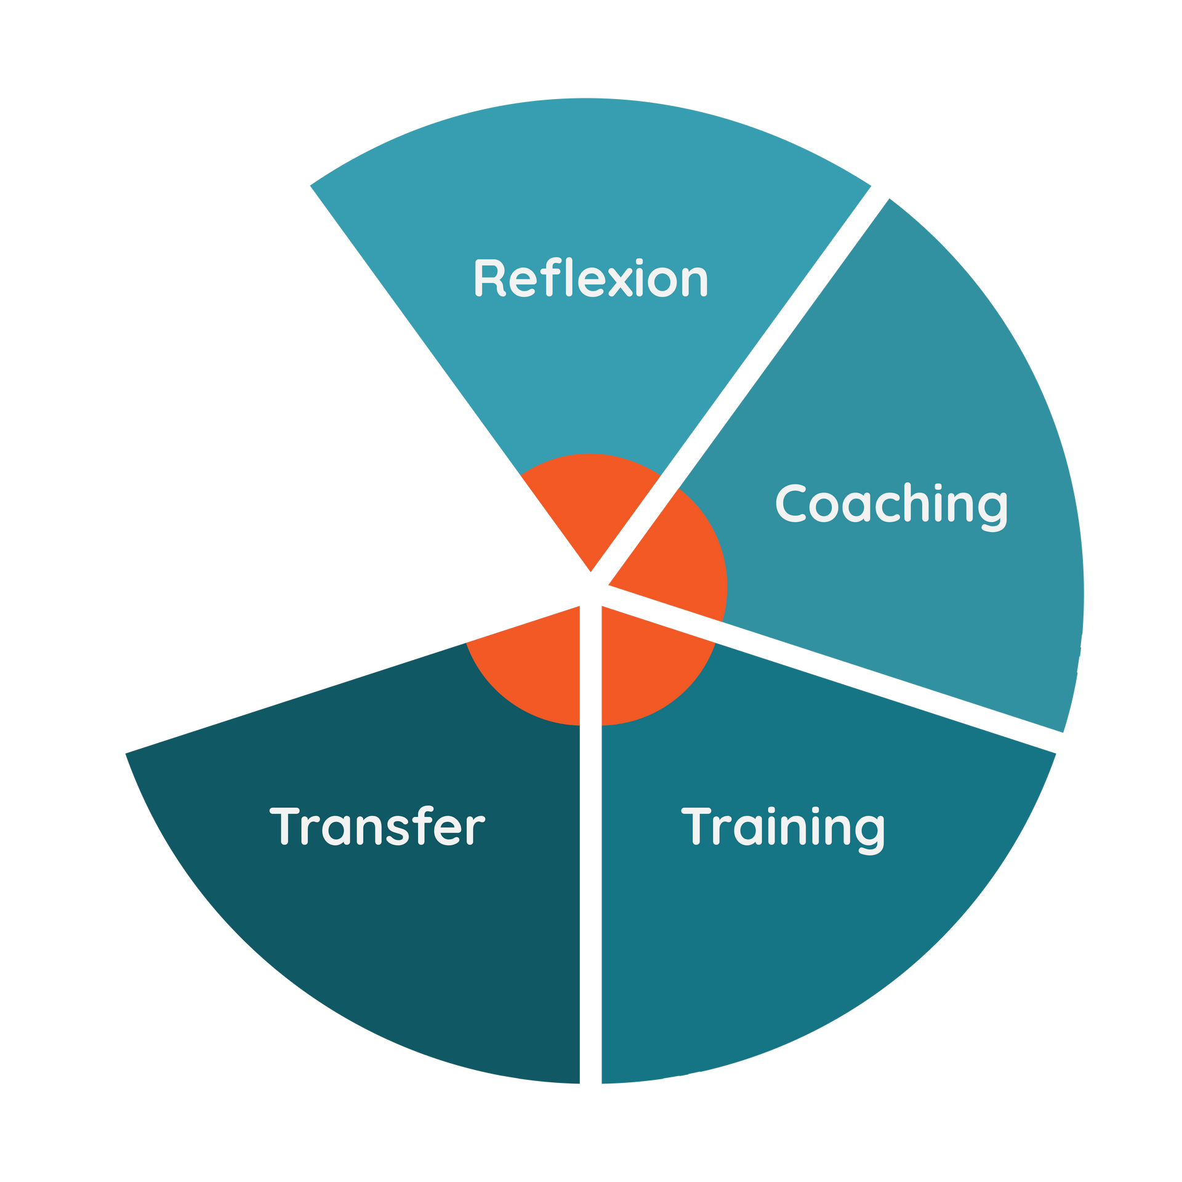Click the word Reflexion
[x=590, y=279]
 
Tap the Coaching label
[x=891, y=504]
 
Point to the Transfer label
[x=377, y=827]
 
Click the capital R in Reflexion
[x=490, y=279]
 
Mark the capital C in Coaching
[x=792, y=504]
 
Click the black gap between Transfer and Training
[x=590, y=862]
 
